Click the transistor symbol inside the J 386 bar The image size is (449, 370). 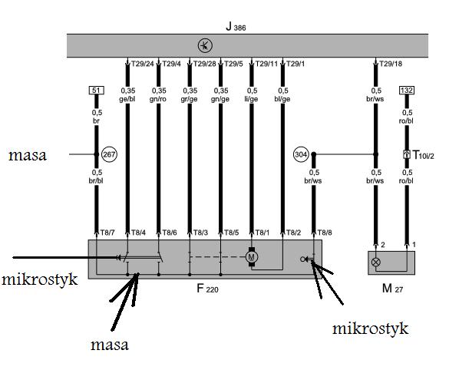tap(205, 45)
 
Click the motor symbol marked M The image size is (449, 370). tap(252, 257)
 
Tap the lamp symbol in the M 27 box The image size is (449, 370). tap(375, 262)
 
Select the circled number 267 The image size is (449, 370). tap(109, 154)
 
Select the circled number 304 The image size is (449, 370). tap(301, 154)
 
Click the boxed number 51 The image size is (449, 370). tap(96, 91)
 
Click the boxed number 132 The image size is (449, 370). tap(407, 91)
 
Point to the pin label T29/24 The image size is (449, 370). tap(142, 64)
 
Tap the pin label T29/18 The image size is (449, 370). tap(391, 64)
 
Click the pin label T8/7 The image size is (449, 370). tap(107, 233)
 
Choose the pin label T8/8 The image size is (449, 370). tap(325, 233)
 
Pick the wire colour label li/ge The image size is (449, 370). tap(251, 99)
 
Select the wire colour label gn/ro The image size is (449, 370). tap(158, 99)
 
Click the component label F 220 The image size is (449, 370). tap(207, 289)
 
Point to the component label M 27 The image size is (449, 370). tap(393, 289)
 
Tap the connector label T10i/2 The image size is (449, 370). tap(423, 155)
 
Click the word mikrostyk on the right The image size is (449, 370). tap(370, 329)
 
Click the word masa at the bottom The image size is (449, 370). tap(110, 345)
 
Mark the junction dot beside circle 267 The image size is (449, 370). tap(97, 154)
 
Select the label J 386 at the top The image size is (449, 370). tap(236, 27)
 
